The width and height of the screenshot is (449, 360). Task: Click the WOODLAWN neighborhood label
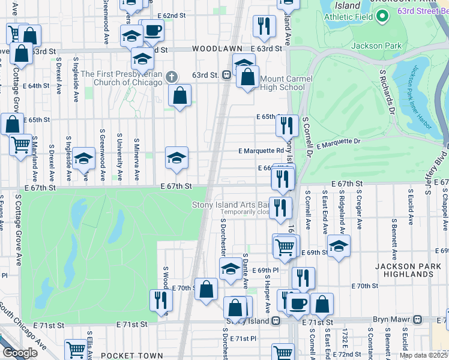coord(217,48)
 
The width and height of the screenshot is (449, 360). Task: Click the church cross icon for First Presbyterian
coord(172,77)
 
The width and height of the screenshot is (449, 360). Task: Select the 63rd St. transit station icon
coord(227,75)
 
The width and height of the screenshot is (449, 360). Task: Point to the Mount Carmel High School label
coord(287,83)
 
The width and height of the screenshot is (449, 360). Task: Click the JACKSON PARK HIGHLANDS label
coord(403,269)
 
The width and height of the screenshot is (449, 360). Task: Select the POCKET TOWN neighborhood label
coord(131,355)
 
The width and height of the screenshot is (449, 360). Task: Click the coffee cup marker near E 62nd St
coord(152,30)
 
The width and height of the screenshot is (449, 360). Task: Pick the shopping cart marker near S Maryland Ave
coord(21,145)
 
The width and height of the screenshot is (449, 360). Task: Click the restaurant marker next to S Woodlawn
coord(160,299)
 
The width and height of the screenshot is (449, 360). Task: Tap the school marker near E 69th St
coord(339,246)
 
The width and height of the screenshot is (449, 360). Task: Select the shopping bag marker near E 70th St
coord(206,289)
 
